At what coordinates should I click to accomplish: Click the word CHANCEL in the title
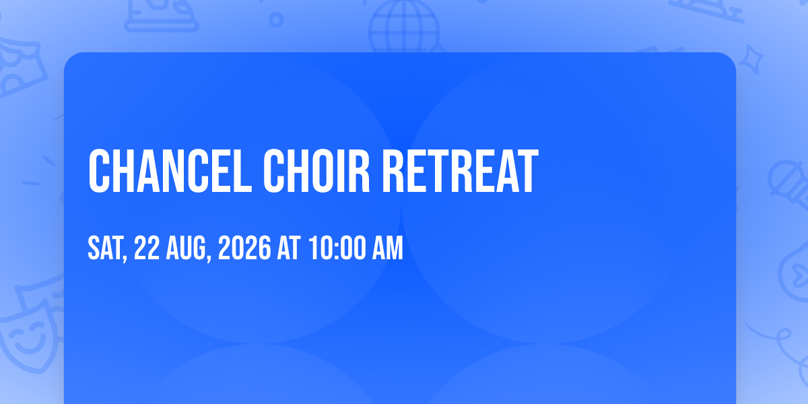(170, 171)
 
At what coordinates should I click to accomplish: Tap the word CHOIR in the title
(316, 171)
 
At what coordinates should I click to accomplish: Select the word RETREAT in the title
(461, 171)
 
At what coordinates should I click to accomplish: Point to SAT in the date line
(105, 248)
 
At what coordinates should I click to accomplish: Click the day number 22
(147, 248)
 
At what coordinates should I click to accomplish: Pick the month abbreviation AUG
(186, 248)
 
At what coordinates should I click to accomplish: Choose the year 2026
(244, 248)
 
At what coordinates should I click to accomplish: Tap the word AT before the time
(289, 248)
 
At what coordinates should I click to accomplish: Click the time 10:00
(337, 248)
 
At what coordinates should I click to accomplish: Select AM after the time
(387, 248)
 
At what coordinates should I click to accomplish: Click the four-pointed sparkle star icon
(751, 60)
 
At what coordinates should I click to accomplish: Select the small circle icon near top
(276, 20)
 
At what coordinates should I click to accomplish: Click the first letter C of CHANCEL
(99, 171)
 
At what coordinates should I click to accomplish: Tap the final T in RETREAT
(528, 171)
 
